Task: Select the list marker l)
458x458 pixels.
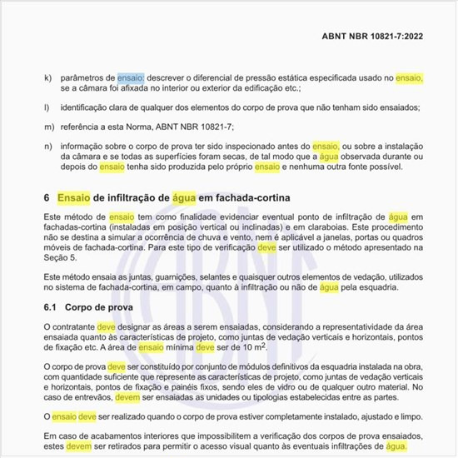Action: tap(47, 107)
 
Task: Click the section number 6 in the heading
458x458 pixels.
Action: tap(47, 197)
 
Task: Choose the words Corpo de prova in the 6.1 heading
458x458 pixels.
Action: tap(97, 308)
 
